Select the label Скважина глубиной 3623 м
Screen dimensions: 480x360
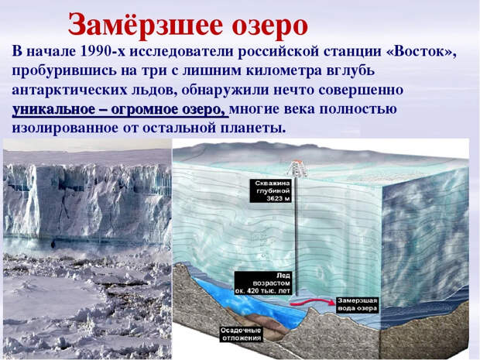click(270, 190)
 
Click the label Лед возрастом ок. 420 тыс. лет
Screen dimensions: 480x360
click(263, 283)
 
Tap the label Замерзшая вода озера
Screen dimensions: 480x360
click(357, 304)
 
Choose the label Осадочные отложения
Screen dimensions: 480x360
click(242, 334)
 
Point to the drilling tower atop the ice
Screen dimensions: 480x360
click(297, 169)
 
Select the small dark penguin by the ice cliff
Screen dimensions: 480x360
click(53, 244)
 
